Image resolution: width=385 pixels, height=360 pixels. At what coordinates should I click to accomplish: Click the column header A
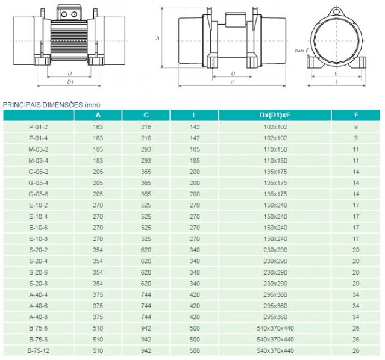tap(98, 115)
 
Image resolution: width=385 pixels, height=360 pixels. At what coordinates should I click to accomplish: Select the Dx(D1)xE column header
tap(275, 115)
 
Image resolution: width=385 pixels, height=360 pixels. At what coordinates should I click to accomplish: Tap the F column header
tap(356, 115)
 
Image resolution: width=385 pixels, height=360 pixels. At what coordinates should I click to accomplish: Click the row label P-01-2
tap(39, 127)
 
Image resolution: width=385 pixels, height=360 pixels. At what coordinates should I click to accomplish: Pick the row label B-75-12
tap(39, 351)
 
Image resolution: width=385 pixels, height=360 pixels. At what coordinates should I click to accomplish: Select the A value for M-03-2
tap(98, 149)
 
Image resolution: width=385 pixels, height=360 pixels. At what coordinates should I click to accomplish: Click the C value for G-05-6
tap(146, 194)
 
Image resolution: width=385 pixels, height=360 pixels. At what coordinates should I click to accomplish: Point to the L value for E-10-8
tap(195, 239)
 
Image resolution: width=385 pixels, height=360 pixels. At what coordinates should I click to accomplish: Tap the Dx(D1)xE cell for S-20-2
tap(275, 250)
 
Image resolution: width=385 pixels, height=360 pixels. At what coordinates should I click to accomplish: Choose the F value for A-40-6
tap(356, 306)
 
